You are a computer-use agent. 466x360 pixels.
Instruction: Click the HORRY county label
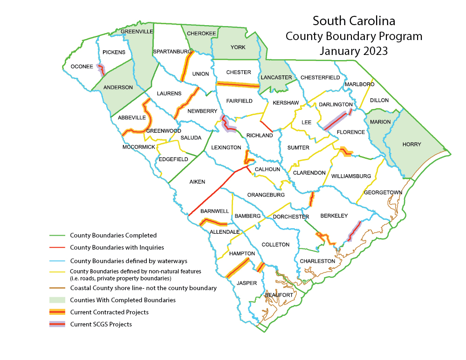(411, 144)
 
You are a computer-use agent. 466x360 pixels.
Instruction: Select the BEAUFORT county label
(279, 295)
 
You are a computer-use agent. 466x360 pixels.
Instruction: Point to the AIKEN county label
(197, 182)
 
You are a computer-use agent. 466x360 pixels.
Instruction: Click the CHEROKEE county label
(201, 34)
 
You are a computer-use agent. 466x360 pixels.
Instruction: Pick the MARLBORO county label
(359, 84)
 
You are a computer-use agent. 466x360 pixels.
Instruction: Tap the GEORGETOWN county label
(383, 192)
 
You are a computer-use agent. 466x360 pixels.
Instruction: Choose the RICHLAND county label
(260, 136)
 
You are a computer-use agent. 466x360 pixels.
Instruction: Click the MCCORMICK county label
(138, 147)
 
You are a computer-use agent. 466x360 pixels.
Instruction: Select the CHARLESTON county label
(317, 261)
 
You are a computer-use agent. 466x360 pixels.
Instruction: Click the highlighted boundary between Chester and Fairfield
(238, 85)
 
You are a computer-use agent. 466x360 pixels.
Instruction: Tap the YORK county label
(238, 48)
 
